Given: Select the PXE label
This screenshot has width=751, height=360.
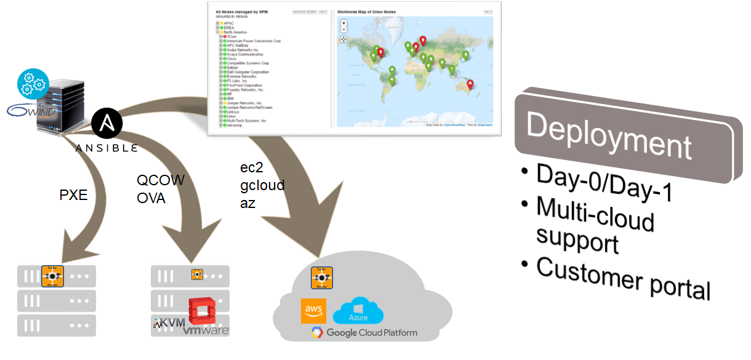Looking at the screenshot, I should coord(74,196).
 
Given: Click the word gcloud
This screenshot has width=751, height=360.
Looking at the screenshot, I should coord(262,185).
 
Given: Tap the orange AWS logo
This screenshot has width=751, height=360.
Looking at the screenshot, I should coord(313,311).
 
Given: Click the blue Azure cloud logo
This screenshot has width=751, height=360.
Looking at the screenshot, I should coord(358,311).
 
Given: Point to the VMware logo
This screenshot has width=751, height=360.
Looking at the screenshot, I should coord(206,331).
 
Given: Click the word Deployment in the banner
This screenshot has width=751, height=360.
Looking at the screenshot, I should coord(609,137).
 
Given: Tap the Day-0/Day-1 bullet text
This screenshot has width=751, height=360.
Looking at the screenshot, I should coord(603,182).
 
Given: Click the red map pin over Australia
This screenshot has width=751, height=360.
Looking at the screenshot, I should coord(470,84).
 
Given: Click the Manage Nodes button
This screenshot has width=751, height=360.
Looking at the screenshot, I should coord(304,12).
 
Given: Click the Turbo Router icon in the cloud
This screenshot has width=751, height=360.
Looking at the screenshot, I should coord(321,278).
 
